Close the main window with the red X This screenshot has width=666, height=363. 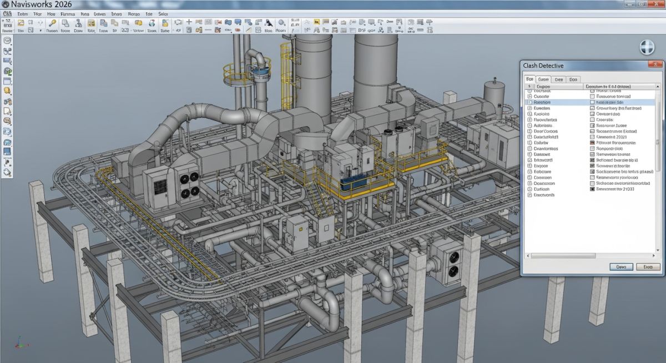(658, 4)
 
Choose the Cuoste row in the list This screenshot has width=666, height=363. (541, 96)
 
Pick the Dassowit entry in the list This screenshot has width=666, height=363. (542, 154)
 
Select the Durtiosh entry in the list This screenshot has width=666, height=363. (541, 189)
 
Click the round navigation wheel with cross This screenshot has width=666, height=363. (647, 47)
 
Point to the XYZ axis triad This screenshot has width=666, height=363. (19, 342)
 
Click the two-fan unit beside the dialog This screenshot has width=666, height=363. (449, 264)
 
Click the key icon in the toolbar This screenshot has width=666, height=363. (53, 23)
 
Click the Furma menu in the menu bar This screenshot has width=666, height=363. (68, 13)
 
